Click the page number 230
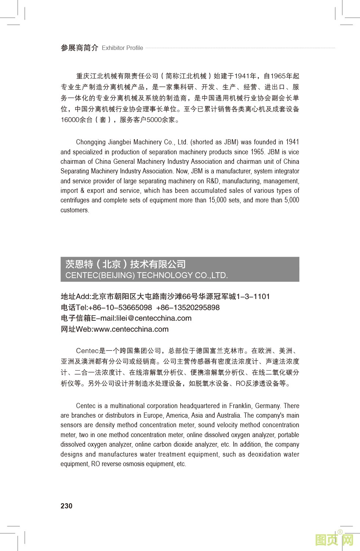(66, 506)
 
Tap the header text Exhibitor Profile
(122, 48)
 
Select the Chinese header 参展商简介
(79, 48)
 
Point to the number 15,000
(217, 200)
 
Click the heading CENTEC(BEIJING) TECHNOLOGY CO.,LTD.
(147, 275)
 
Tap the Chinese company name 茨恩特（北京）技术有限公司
(126, 264)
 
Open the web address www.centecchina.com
(131, 329)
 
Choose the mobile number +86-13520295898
(188, 307)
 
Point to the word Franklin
(241, 406)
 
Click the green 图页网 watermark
(334, 540)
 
